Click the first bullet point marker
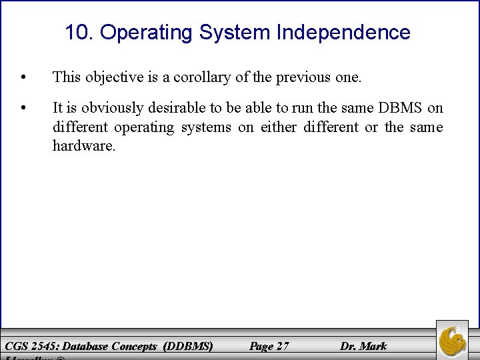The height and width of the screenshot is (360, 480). pyautogui.click(x=24, y=77)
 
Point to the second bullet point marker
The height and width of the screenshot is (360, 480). pyautogui.click(x=24, y=108)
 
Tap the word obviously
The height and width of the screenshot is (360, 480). pyautogui.click(x=111, y=108)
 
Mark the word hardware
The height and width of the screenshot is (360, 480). pyautogui.click(x=84, y=145)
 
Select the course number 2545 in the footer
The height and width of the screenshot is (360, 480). pyautogui.click(x=43, y=346)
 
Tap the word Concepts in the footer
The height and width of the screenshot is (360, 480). pyautogui.click(x=135, y=346)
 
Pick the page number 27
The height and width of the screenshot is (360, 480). pyautogui.click(x=282, y=346)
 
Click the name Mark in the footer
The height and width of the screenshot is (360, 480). pyautogui.click(x=373, y=346)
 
